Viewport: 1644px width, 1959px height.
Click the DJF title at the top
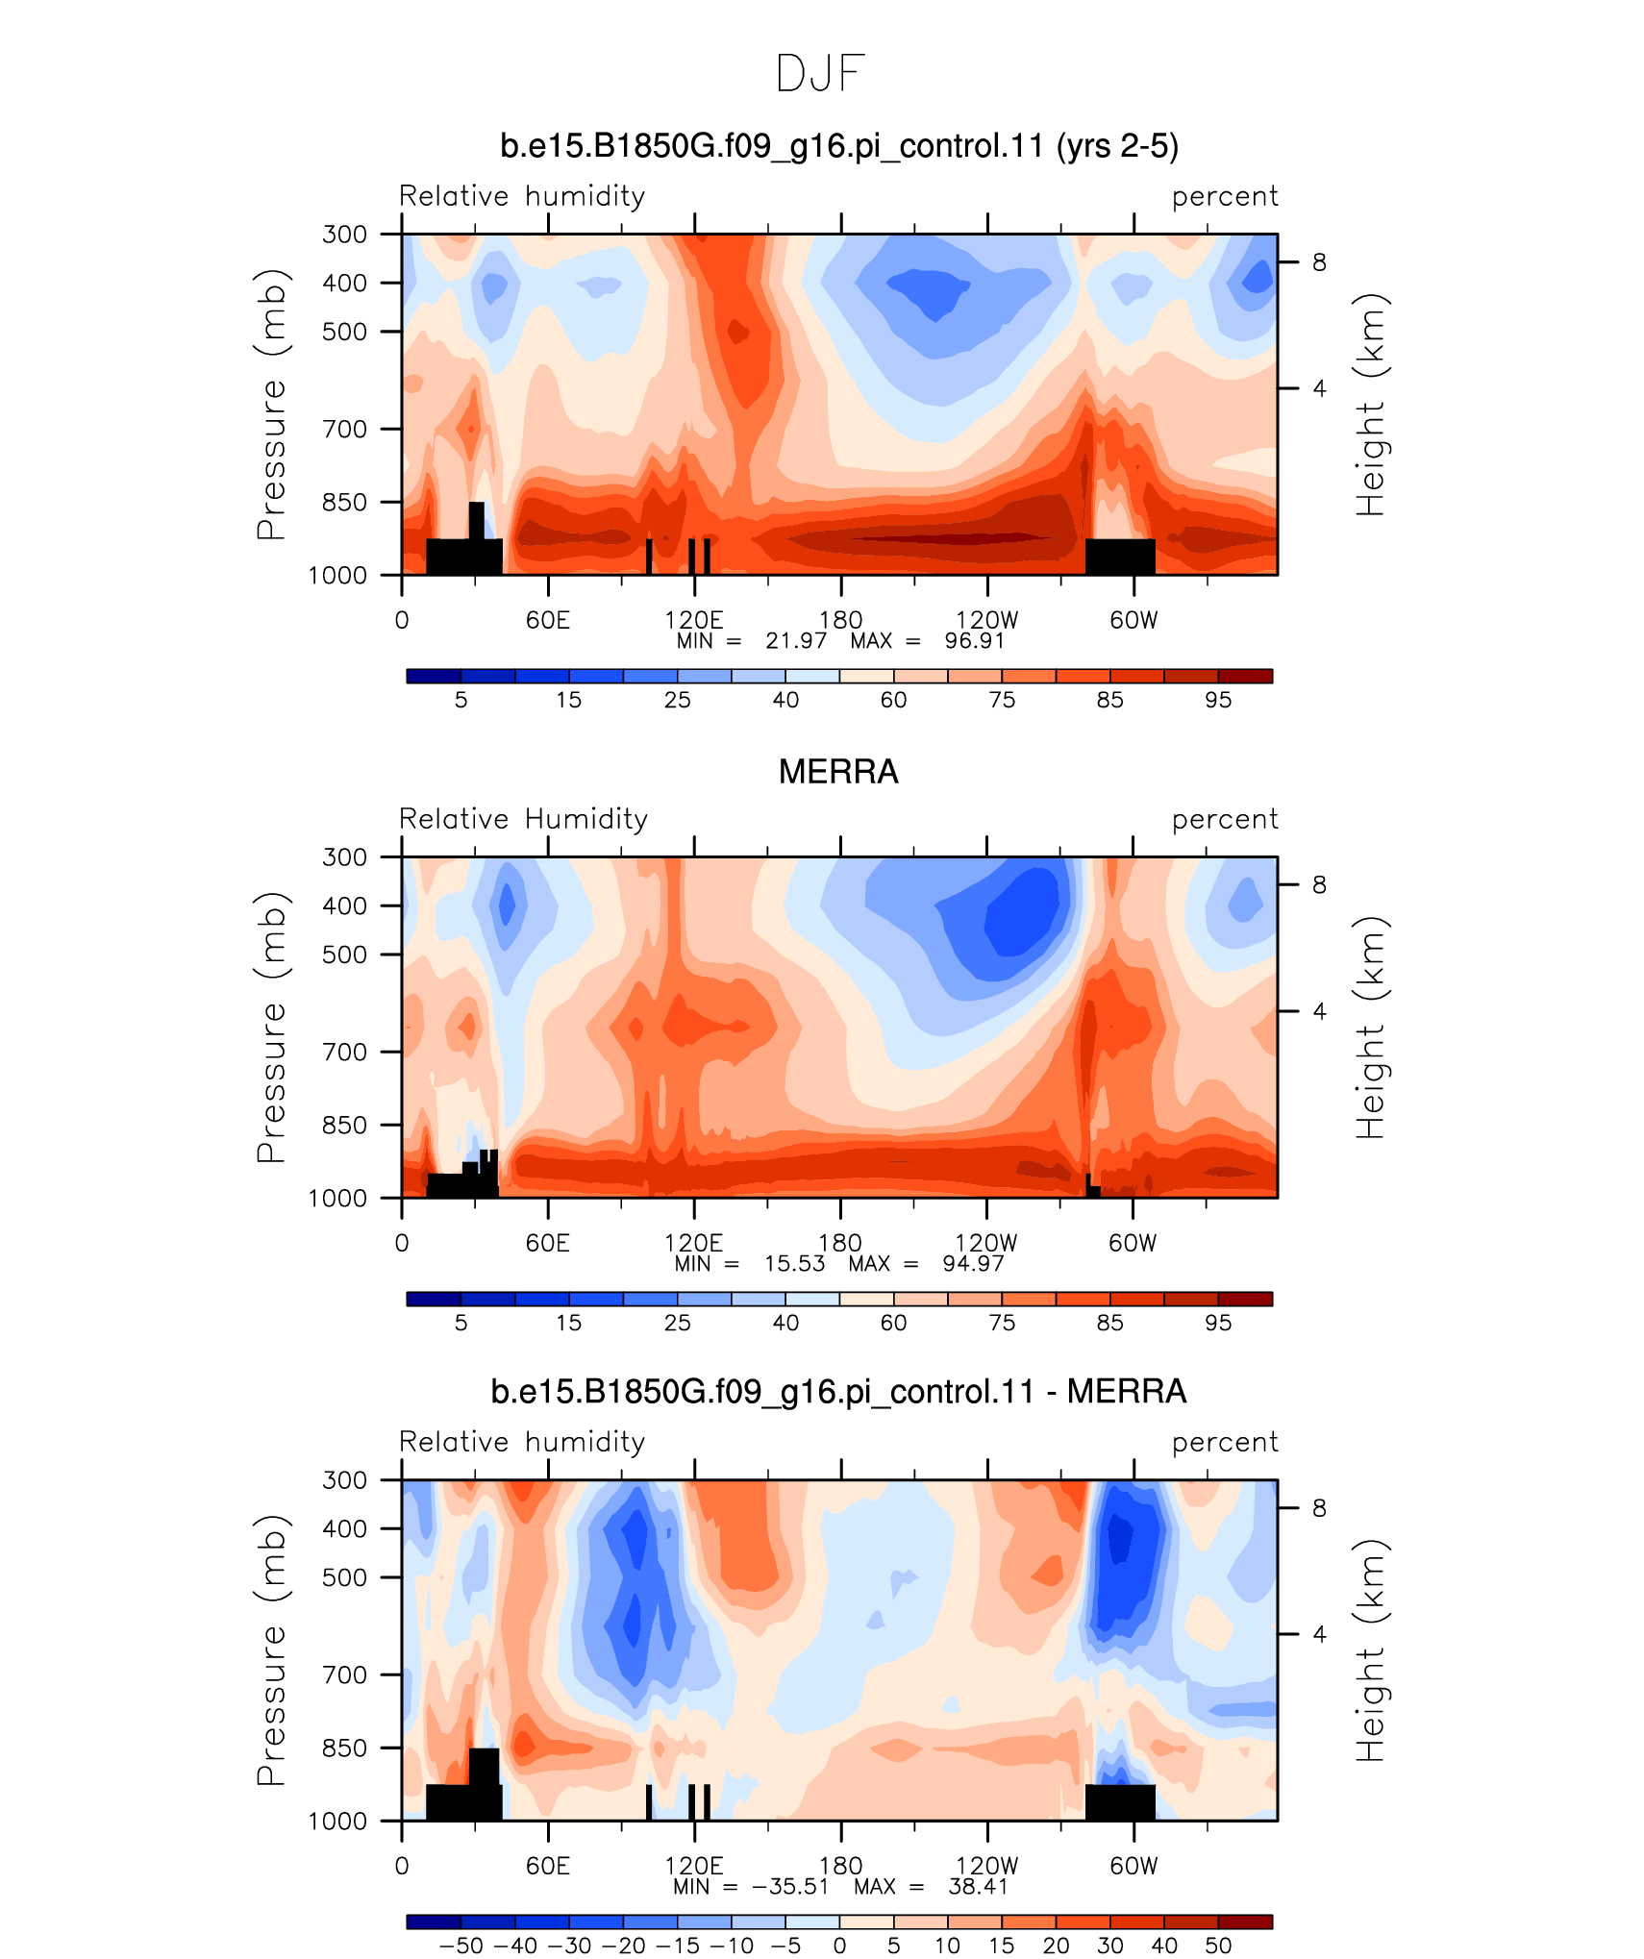(x=820, y=74)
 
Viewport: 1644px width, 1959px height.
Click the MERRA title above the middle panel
(x=838, y=772)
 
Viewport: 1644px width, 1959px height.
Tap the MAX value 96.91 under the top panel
(x=974, y=641)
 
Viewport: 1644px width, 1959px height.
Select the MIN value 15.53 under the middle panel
(x=794, y=1263)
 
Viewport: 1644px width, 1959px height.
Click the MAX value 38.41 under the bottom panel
(x=978, y=1886)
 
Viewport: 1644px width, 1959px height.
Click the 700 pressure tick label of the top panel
(x=344, y=429)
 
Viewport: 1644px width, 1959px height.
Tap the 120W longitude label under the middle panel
(x=986, y=1243)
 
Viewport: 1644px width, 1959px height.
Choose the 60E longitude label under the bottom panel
(x=548, y=1866)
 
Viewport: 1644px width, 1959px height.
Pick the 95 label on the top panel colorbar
(x=1218, y=700)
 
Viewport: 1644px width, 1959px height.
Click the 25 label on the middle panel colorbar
(x=677, y=1323)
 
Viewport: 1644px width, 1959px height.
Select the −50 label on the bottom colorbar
(x=461, y=1946)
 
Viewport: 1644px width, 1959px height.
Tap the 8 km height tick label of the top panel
(x=1319, y=262)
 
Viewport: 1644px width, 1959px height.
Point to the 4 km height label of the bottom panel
(x=1319, y=1634)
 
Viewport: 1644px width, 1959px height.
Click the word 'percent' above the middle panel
(x=1225, y=820)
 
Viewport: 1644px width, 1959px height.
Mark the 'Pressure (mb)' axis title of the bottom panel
(x=271, y=1649)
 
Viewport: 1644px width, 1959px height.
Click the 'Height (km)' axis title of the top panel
(x=1371, y=405)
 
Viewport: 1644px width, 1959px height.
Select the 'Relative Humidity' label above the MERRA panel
(x=523, y=819)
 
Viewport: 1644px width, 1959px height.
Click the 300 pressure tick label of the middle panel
(x=344, y=856)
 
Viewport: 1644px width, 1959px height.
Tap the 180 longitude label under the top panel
(x=840, y=620)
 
